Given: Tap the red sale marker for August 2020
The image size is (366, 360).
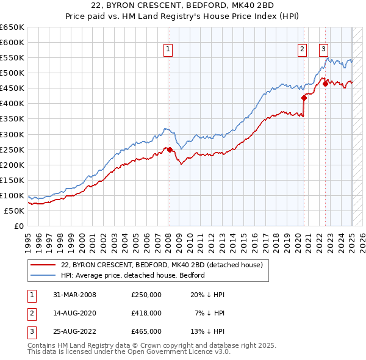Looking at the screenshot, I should pyautogui.click(x=303, y=98).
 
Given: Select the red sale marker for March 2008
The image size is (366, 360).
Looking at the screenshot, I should pyautogui.click(x=170, y=149).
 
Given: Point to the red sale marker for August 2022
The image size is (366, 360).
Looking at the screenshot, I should pyautogui.click(x=325, y=84).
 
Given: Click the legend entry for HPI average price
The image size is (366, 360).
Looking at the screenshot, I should pyautogui.click(x=132, y=275).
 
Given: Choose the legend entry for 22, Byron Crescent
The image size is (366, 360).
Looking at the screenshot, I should pyautogui.click(x=162, y=265).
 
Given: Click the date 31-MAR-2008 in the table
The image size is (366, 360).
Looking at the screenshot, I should pyautogui.click(x=74, y=295).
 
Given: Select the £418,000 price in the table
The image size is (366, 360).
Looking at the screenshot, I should pyautogui.click(x=146, y=313).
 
